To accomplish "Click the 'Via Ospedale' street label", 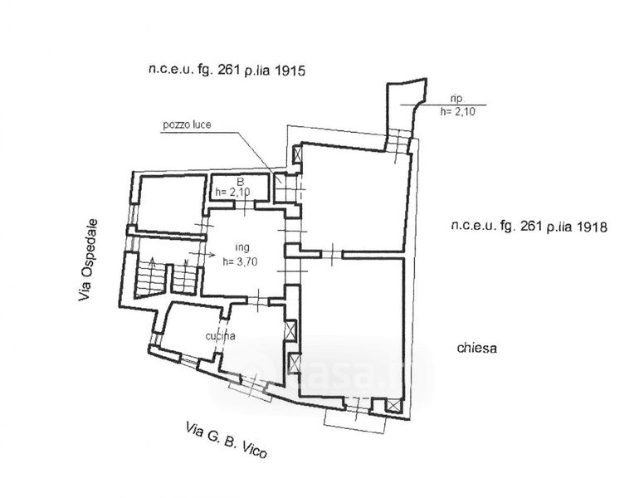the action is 88,260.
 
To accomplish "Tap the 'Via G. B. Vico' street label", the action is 227,440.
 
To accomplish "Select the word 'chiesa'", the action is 476,348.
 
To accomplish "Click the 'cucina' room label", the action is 220,335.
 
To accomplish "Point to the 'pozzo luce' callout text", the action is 187,124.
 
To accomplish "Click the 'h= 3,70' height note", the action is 240,261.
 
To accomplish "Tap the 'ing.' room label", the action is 242,247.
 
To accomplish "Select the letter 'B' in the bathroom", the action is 241,181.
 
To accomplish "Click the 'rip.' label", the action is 456,99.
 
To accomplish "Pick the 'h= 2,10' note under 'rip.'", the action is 457,111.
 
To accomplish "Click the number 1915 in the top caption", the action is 290,71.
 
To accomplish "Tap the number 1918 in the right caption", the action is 591,227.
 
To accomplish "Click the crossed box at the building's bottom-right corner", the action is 393,406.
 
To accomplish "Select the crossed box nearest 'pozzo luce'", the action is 297,154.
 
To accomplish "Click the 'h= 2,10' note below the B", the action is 233,192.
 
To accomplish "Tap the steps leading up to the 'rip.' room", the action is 398,141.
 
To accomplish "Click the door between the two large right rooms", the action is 332,255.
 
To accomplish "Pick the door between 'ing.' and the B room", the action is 245,204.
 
